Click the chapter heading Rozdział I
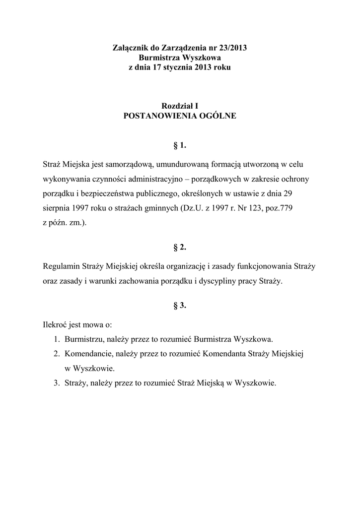pos(180,105)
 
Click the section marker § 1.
pos(180,145)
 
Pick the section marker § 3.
pos(180,305)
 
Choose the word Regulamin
pos(61,266)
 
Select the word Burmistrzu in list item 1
pos(82,340)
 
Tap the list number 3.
pos(57,383)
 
